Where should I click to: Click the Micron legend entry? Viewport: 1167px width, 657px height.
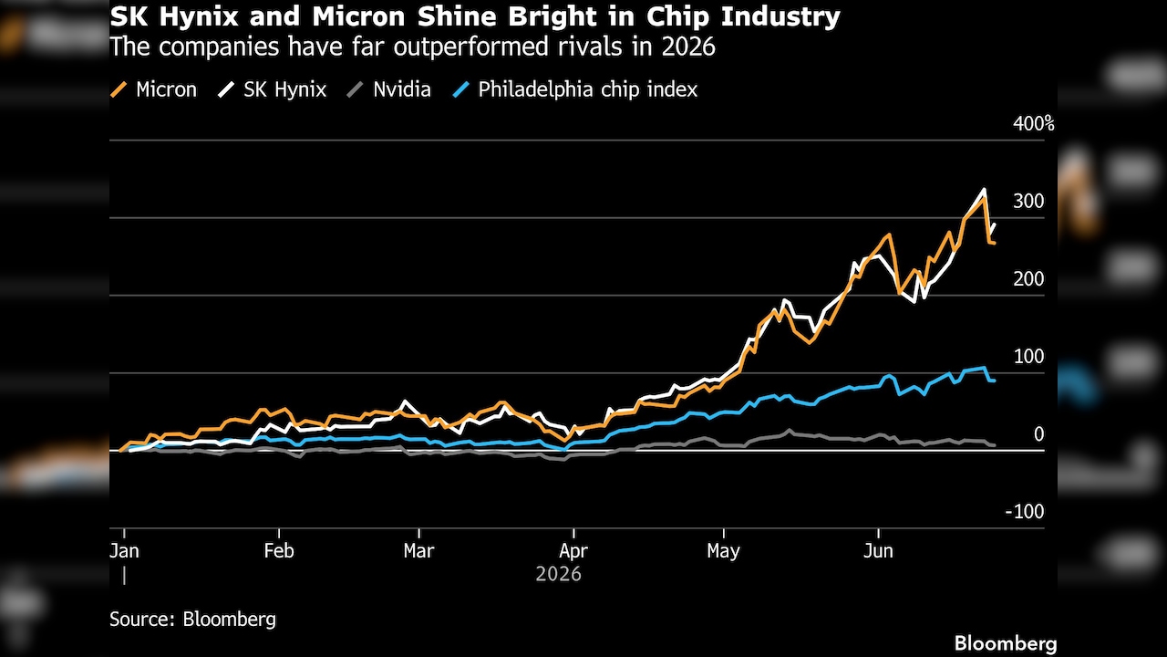pyautogui.click(x=154, y=89)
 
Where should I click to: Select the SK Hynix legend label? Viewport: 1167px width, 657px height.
pyautogui.click(x=284, y=89)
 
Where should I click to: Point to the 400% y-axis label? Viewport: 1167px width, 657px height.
pyautogui.click(x=1034, y=124)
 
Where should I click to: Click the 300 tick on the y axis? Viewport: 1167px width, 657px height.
pyautogui.click(x=1028, y=202)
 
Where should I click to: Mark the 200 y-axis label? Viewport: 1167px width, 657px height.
pyautogui.click(x=1028, y=279)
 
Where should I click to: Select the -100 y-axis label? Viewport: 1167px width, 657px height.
pyautogui.click(x=1024, y=512)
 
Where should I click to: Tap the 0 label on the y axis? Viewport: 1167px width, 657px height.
pyautogui.click(x=1038, y=433)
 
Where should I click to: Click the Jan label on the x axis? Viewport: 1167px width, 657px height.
pyautogui.click(x=124, y=550)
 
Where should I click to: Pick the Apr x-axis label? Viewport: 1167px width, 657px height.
pyautogui.click(x=573, y=550)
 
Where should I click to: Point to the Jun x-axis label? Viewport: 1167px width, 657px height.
pyautogui.click(x=878, y=550)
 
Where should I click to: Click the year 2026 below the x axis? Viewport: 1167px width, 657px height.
pyautogui.click(x=559, y=574)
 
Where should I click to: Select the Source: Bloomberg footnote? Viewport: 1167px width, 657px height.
pyautogui.click(x=192, y=620)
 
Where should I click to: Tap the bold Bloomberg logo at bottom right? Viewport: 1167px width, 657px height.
pyautogui.click(x=1006, y=644)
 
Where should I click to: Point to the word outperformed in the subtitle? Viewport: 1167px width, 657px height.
pyautogui.click(x=471, y=47)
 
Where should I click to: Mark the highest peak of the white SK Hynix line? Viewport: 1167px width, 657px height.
pyautogui.click(x=984, y=190)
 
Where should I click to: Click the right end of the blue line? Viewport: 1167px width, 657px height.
pyautogui.click(x=995, y=381)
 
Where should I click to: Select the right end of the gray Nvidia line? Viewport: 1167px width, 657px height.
pyautogui.click(x=995, y=445)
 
